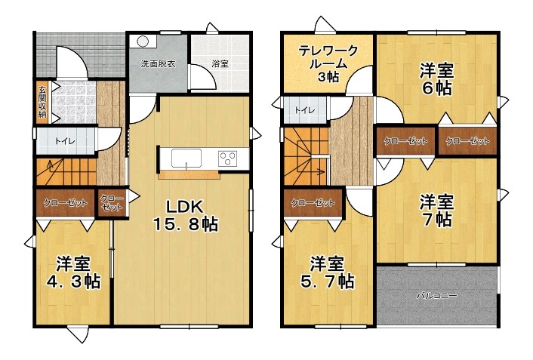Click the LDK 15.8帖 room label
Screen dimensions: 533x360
point(185,215)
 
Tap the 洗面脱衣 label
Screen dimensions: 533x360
point(158,63)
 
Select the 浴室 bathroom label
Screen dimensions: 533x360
point(220,63)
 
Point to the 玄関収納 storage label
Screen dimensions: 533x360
point(42,102)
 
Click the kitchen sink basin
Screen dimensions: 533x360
point(186,158)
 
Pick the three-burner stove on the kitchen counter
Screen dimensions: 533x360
point(228,158)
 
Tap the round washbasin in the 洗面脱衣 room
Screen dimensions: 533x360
point(143,42)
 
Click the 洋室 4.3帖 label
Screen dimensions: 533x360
point(73,272)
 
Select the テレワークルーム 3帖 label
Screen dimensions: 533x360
point(328,64)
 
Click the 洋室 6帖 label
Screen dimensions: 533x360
point(437,79)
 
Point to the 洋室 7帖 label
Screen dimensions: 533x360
point(437,211)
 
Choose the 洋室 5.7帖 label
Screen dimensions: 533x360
point(327,272)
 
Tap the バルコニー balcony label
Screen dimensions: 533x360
point(437,295)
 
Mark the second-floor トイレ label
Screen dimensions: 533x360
point(305,110)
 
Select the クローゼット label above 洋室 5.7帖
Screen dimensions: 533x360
point(313,203)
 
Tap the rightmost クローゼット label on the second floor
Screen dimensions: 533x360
point(467,140)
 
